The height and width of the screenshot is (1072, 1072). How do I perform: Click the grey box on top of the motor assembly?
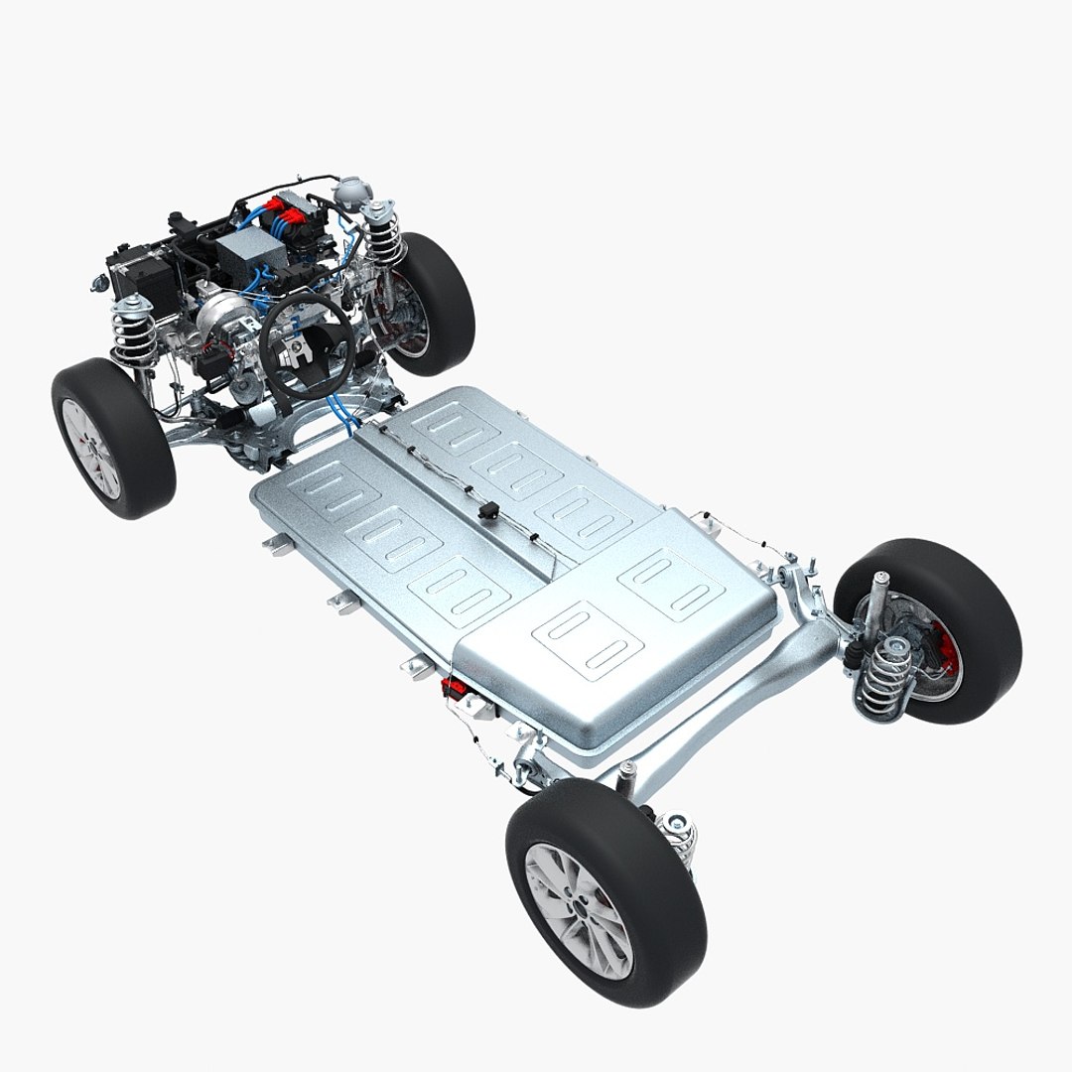click(247, 254)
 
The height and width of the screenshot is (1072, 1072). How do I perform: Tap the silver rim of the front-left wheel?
click(90, 448)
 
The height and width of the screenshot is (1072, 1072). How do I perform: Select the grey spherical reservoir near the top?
click(349, 192)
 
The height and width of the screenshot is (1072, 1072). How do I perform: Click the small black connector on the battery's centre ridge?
click(487, 511)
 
